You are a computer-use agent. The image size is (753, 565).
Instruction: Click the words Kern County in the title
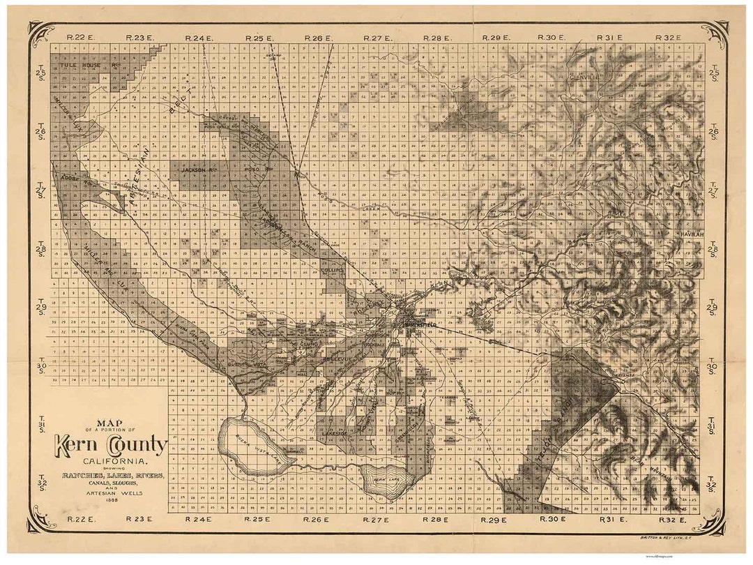(x=112, y=445)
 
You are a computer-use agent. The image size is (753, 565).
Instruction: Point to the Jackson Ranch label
(x=196, y=169)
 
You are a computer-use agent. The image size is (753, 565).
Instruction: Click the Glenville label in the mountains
(x=584, y=76)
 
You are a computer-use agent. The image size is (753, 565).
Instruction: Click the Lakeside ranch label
(x=335, y=433)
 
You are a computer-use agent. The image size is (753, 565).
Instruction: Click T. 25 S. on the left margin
(x=40, y=72)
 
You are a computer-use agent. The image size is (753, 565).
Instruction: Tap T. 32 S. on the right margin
(x=713, y=483)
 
